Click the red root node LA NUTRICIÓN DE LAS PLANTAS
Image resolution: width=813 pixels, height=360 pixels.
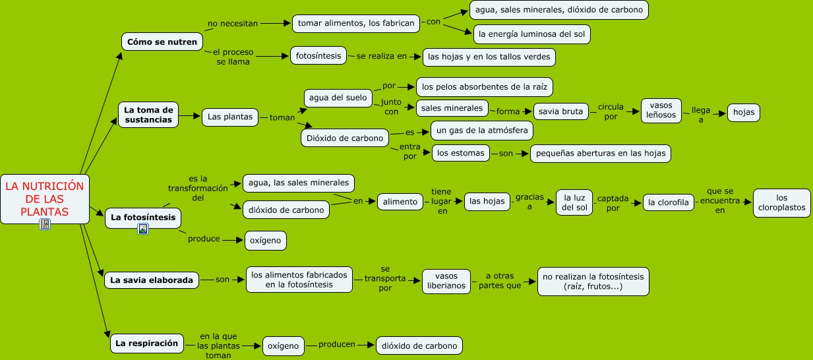[45, 198]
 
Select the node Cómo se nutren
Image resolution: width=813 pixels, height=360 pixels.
[162, 42]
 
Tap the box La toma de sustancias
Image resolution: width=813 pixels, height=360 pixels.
[148, 115]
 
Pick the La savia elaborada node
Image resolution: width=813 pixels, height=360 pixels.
[152, 280]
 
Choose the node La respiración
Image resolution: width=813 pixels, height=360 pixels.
[146, 343]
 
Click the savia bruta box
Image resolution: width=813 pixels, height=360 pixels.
[560, 111]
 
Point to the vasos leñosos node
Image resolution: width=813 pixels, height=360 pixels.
[661, 110]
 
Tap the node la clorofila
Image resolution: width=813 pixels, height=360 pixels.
[669, 202]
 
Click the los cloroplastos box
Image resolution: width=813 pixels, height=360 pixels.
[781, 202]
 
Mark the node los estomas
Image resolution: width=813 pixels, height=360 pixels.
[461, 153]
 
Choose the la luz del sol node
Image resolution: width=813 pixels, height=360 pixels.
[574, 202]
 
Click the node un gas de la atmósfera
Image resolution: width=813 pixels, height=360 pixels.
[481, 131]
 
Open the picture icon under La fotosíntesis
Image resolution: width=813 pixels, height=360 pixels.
[143, 229]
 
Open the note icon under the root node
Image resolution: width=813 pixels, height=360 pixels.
[45, 225]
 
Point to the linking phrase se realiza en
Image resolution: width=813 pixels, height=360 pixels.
[382, 57]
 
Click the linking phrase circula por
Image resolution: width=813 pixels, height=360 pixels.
[611, 111]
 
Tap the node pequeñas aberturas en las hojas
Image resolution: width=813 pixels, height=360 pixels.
[601, 154]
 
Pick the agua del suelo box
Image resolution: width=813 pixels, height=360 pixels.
[337, 98]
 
